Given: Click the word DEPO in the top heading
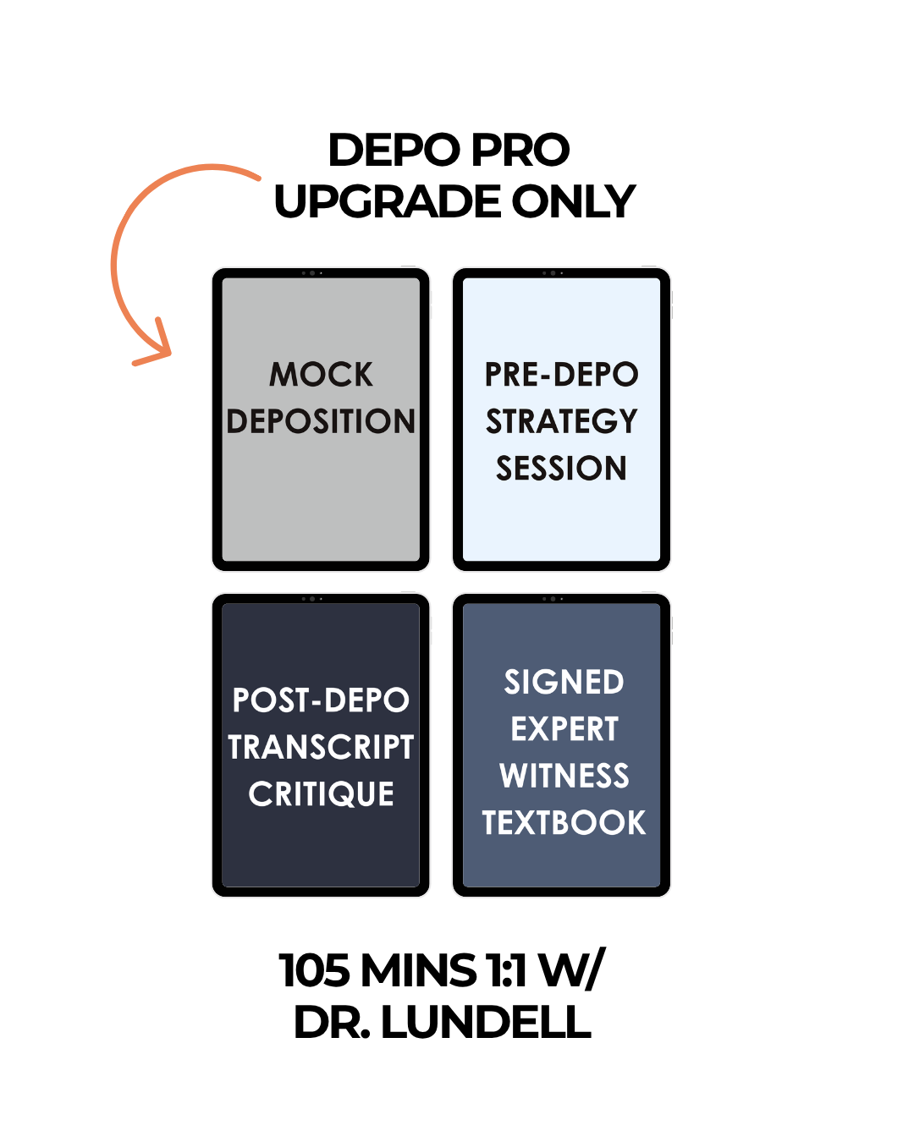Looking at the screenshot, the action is [394, 150].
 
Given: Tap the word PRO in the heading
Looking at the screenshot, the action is [520, 150].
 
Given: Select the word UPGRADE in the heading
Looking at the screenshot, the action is [387, 201].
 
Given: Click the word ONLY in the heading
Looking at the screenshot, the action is [573, 201].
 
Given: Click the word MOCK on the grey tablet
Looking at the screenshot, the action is [321, 374].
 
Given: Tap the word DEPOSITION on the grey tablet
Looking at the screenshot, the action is [321, 420].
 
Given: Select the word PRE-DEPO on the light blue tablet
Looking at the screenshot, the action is [561, 374].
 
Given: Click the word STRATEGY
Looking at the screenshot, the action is [561, 420].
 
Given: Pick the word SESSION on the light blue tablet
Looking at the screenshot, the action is [561, 468].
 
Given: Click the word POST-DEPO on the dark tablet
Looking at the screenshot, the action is [321, 700].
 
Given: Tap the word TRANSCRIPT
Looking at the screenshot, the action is [321, 747].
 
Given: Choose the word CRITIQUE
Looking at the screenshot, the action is [321, 793].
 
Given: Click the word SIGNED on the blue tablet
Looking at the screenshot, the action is [564, 681].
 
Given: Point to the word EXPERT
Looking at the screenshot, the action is [564, 728].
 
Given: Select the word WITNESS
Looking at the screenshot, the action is [564, 776].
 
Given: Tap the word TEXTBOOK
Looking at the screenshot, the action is [564, 822].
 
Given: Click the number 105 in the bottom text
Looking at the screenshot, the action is [315, 970].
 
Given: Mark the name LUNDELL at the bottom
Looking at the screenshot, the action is [486, 1023].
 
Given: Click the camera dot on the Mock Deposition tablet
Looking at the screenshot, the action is [312, 273].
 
